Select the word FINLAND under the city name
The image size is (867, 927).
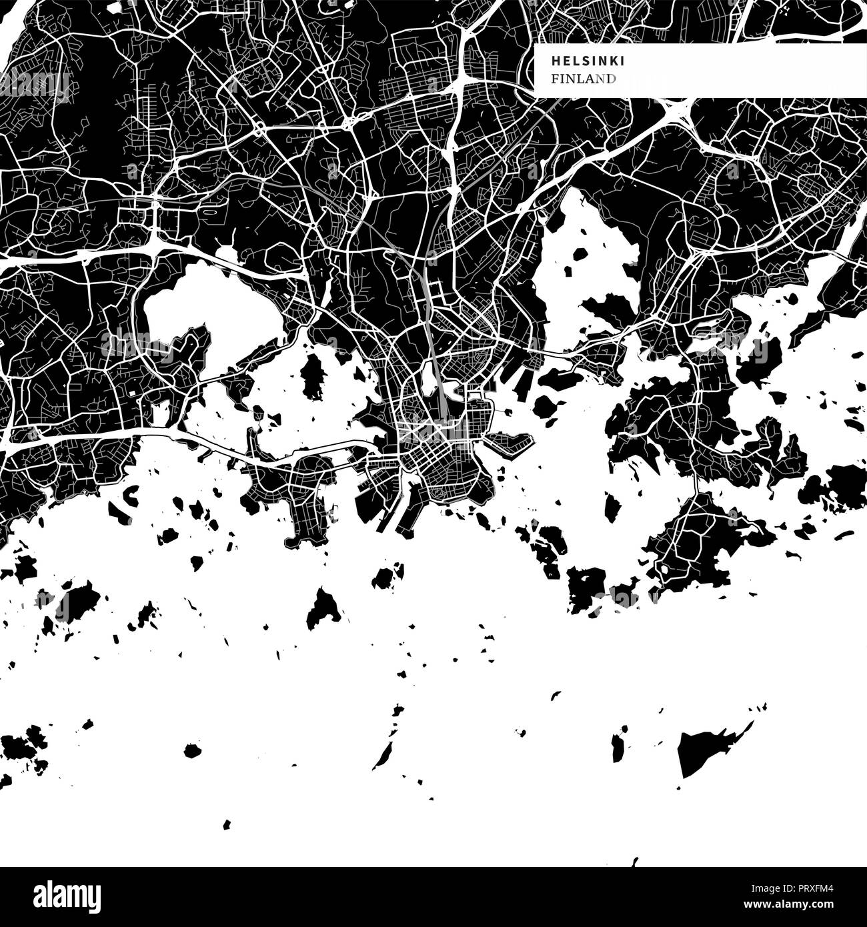pyautogui.click(x=583, y=79)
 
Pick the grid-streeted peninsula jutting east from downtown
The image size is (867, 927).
pyautogui.click(x=510, y=442)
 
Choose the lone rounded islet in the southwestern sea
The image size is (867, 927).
pyautogui.click(x=193, y=751)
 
